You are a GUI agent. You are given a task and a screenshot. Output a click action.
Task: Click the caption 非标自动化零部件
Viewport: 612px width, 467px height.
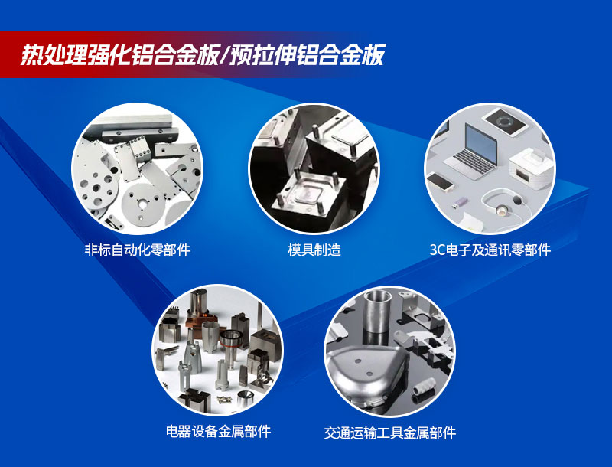click(137, 250)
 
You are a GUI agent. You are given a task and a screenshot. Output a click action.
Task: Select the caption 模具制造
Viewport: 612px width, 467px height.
click(314, 250)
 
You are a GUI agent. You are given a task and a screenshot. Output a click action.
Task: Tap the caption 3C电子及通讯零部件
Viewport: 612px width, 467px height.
click(490, 250)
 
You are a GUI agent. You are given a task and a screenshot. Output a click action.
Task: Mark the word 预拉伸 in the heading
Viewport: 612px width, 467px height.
click(266, 55)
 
